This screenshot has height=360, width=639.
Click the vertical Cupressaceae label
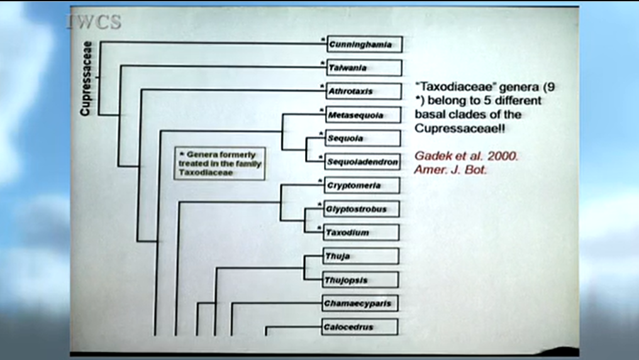87,79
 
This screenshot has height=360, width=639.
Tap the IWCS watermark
94,21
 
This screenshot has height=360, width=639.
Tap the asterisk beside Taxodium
319,227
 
